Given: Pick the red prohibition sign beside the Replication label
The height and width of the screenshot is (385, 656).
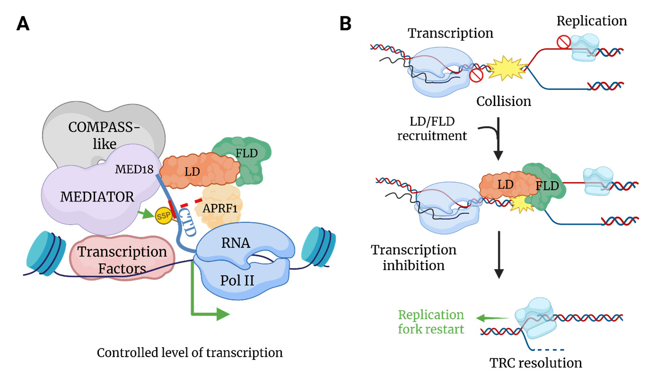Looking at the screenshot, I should coord(563,43).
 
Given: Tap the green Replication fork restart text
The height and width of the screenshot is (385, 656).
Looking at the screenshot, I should coord(431,322).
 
